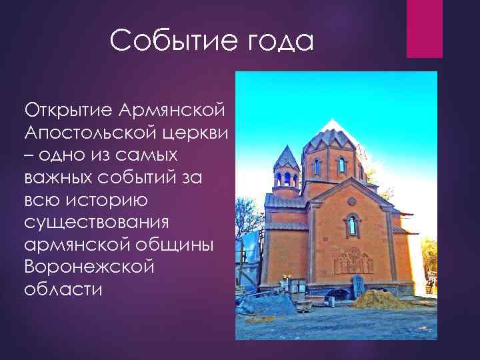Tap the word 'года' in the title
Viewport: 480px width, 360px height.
pos(280,41)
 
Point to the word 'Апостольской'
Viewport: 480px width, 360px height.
pos(89,131)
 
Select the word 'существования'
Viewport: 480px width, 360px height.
pos(97,222)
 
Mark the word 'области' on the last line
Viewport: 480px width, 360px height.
pos(63,290)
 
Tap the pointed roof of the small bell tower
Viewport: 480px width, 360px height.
pos(287,157)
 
